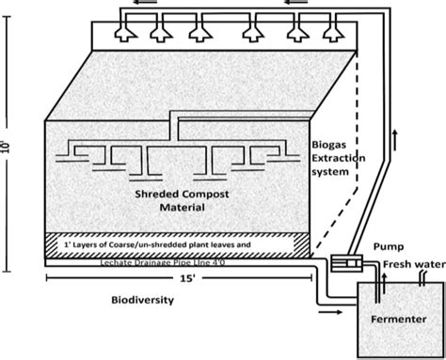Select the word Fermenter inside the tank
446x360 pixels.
(388, 320)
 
